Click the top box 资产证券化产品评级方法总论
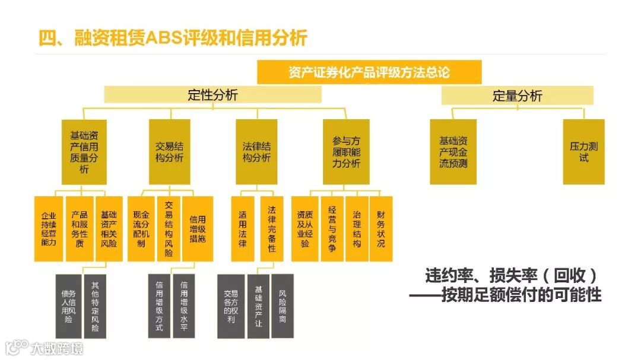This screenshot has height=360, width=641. (369, 72)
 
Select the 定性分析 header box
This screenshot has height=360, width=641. (212, 95)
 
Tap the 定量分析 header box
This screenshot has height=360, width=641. (517, 95)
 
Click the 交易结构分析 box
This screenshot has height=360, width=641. (169, 152)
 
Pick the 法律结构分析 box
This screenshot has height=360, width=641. (256, 152)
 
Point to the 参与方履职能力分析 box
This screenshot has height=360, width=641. (346, 152)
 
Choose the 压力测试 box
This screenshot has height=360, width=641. (583, 152)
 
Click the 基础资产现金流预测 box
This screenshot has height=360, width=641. (453, 152)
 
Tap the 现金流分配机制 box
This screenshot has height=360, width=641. (141, 229)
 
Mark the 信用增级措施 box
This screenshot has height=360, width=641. (197, 229)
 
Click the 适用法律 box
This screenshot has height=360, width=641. (242, 229)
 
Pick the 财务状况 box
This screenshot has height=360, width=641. (381, 229)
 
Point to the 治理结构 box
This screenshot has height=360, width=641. (357, 229)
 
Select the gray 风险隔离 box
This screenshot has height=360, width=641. (283, 305)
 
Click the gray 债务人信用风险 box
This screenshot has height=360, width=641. (68, 305)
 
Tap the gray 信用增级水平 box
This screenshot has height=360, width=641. (185, 305)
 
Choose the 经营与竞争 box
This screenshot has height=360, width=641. (332, 229)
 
